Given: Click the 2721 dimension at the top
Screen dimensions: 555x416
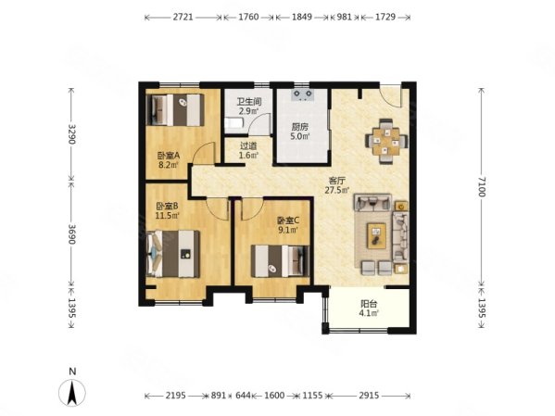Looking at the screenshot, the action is [x=183, y=17].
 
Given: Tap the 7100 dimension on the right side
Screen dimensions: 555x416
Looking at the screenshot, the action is [x=482, y=186].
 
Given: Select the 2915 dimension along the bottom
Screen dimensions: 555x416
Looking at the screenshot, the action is [x=369, y=395].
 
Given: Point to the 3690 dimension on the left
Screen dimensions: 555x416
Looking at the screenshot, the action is [x=72, y=234].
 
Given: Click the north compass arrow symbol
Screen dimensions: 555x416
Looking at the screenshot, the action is [x=72, y=392].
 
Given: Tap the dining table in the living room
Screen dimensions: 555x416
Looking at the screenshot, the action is [x=386, y=141].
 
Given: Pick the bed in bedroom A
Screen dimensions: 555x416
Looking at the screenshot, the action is [x=175, y=109].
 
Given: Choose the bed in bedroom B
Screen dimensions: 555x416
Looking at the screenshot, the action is [x=173, y=254].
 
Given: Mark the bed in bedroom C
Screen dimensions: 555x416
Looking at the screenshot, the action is [x=281, y=261].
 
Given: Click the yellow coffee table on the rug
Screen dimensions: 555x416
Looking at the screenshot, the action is [x=377, y=235].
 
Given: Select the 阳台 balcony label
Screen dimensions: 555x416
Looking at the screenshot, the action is [x=369, y=304].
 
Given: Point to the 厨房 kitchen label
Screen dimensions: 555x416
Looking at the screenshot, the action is [x=300, y=127].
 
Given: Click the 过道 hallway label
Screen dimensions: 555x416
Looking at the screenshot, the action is [x=248, y=145].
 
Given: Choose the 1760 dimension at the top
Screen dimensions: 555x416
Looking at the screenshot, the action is [x=248, y=17].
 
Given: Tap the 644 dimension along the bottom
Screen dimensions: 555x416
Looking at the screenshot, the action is [x=243, y=395].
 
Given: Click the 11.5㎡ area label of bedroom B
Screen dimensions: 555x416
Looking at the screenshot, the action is [x=168, y=215].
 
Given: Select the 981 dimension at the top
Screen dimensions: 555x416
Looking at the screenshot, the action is [x=345, y=17].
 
